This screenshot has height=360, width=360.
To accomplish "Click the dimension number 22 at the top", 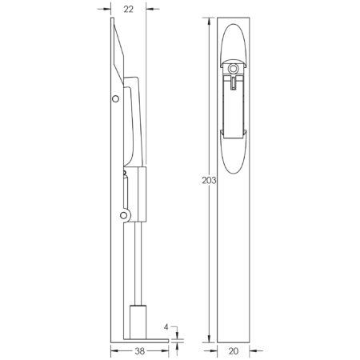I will (x=128, y=10).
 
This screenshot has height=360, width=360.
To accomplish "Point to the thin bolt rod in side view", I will (x=137, y=264).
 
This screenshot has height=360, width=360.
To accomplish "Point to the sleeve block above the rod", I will (x=144, y=196).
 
